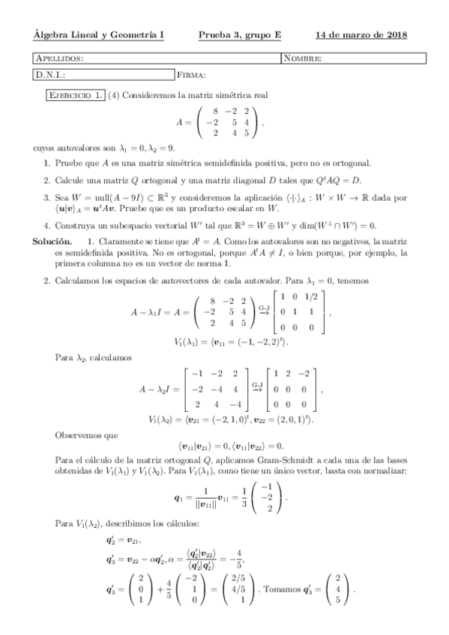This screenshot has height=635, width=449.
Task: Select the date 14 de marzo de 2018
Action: tap(361, 34)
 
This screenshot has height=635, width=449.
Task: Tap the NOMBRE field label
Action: tap(303, 58)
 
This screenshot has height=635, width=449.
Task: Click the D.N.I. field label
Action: tap(51, 75)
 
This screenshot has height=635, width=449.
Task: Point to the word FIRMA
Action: tap(191, 75)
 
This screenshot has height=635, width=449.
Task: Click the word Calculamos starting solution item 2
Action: tap(80, 281)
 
